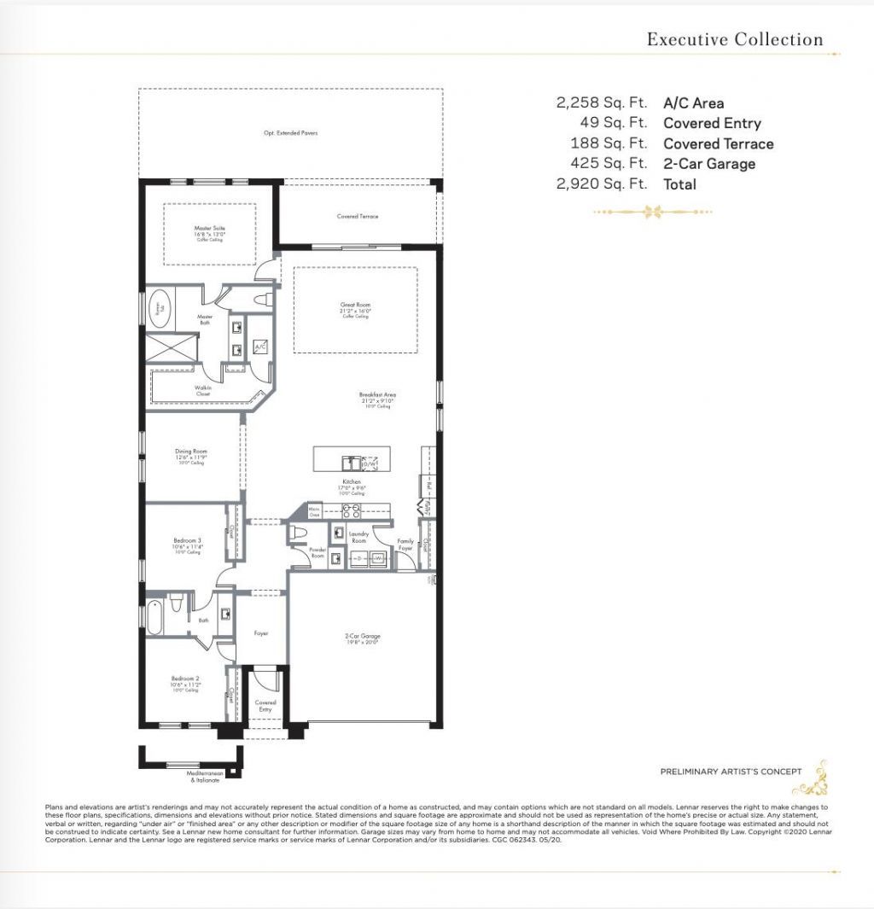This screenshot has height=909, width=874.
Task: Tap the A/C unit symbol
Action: point(259,348)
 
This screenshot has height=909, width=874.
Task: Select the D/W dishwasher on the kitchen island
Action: point(368,463)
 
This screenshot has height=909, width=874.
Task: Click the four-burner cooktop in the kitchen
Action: point(350,511)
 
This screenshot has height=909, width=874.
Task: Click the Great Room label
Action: point(355,306)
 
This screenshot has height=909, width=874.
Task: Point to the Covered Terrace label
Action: point(357,217)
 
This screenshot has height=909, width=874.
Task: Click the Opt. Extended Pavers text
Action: point(290,133)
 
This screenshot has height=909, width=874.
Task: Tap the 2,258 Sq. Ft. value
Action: point(601,103)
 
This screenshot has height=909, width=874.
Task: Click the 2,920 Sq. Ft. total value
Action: point(601,184)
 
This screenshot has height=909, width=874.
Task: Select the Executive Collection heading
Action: point(734,39)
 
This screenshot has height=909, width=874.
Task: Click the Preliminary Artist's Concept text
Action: point(731,772)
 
